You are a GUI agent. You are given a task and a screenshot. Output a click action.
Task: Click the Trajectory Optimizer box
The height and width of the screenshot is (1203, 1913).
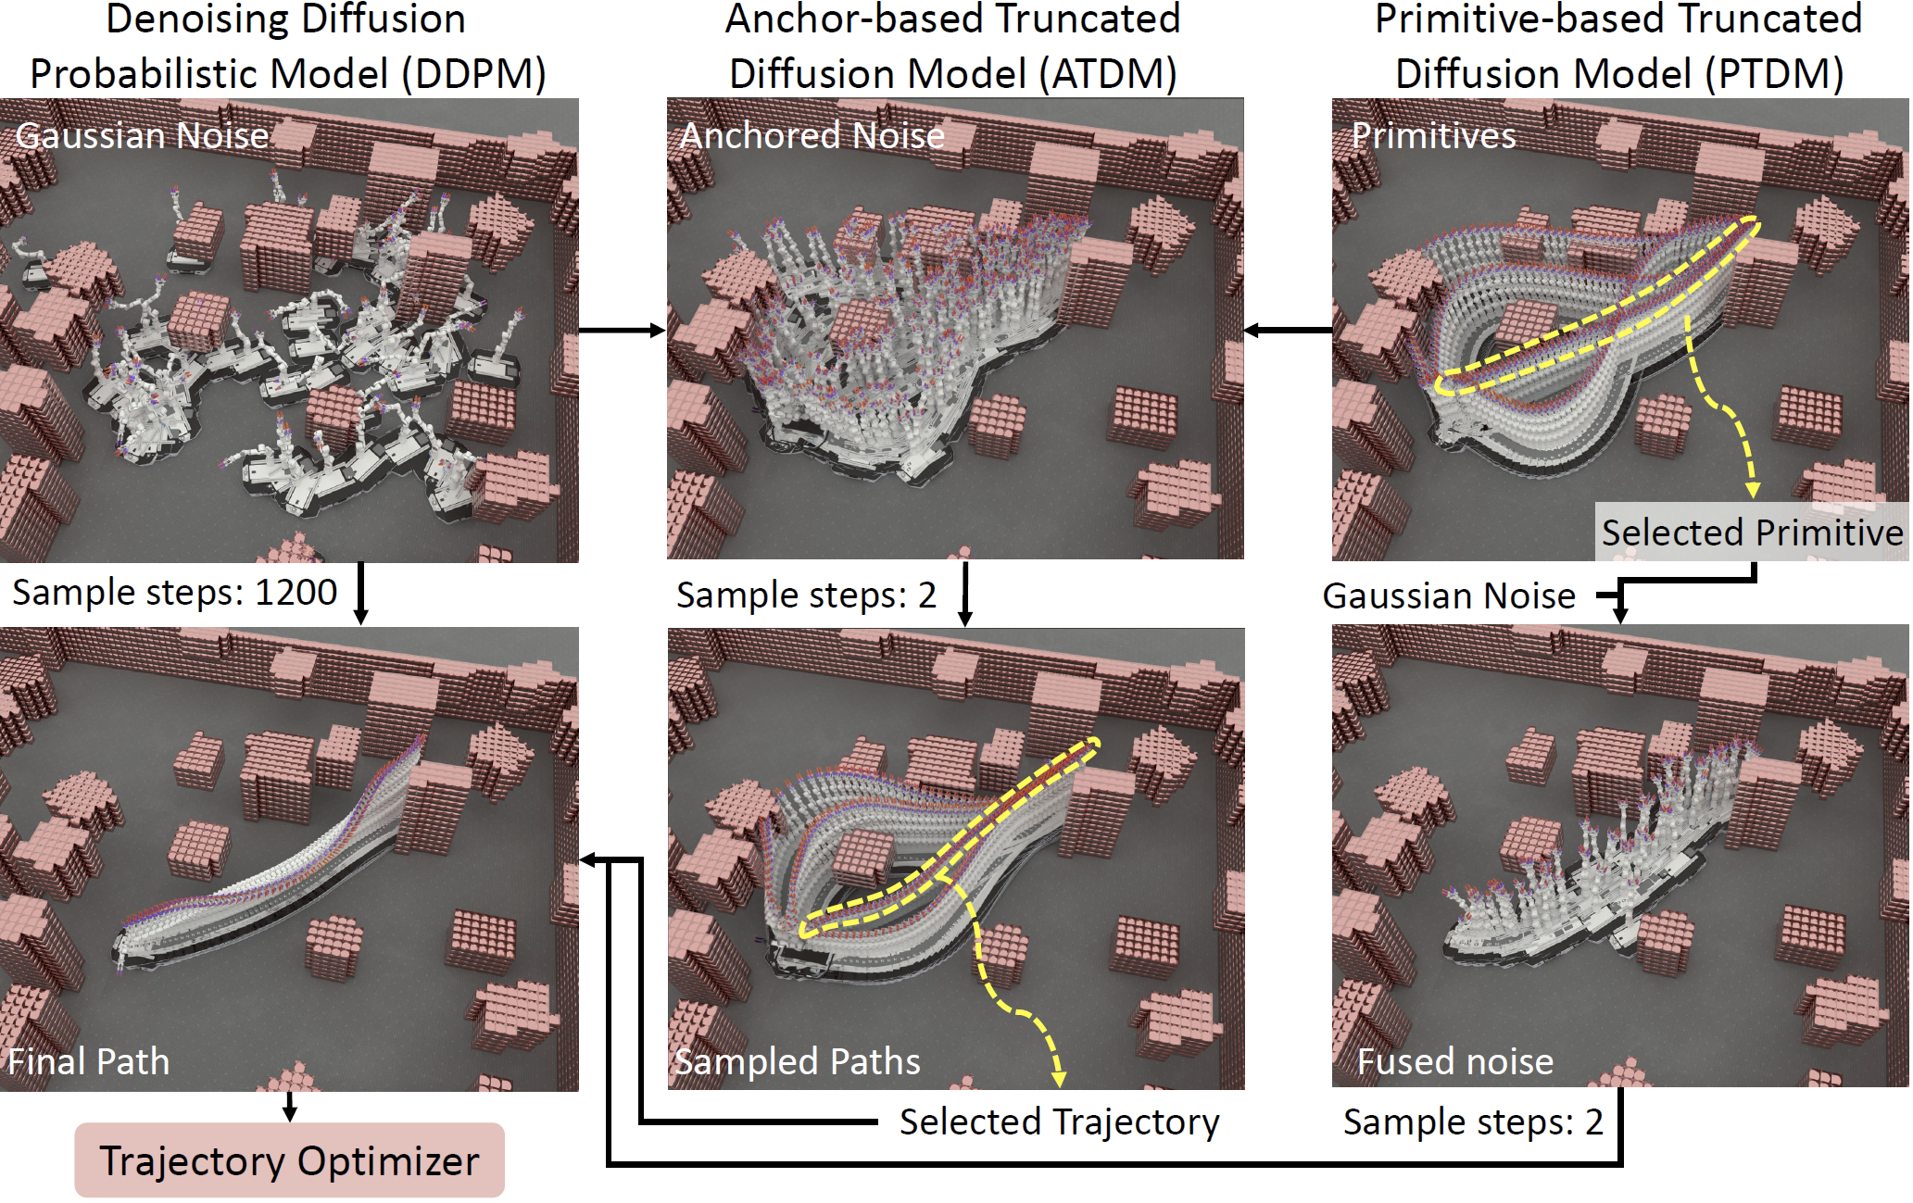click(289, 1160)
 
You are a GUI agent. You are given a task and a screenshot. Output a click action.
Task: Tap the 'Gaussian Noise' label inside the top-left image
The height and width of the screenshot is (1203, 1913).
click(142, 136)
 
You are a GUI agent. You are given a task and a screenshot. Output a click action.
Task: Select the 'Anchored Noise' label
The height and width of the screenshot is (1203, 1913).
click(812, 136)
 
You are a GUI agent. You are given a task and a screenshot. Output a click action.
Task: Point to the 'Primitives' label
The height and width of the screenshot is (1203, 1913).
click(1433, 136)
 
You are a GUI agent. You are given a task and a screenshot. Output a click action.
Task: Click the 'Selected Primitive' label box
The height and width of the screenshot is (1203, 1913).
click(1751, 533)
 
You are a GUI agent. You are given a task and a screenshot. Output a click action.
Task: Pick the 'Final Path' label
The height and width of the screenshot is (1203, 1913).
click(89, 1061)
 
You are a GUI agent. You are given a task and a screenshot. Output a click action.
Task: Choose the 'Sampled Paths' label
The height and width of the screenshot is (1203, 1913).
click(797, 1061)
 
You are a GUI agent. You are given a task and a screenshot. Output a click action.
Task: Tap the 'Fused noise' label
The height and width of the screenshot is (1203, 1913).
click(1454, 1061)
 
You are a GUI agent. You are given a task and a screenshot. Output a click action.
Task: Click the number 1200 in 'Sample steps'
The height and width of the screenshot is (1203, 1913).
click(296, 593)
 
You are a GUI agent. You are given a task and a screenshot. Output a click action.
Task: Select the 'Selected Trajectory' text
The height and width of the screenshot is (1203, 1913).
click(1059, 1122)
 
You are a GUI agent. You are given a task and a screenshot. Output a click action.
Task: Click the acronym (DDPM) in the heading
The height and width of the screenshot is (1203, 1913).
click(473, 74)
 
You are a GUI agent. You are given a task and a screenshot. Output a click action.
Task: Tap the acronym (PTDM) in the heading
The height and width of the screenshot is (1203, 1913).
click(1779, 74)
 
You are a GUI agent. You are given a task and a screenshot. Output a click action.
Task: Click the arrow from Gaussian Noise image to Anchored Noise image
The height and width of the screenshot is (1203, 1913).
click(622, 330)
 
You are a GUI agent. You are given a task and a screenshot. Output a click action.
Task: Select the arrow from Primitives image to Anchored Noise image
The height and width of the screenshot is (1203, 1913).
click(1288, 330)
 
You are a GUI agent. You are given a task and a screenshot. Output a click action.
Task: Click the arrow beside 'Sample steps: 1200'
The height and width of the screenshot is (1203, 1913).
click(361, 594)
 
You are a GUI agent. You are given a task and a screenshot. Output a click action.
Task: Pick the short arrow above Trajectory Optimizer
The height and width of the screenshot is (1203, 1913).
click(290, 1107)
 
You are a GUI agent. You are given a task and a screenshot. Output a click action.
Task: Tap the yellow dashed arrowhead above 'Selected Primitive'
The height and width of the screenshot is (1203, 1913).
click(1753, 489)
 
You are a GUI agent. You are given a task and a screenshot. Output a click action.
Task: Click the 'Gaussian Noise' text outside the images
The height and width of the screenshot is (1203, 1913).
click(1448, 596)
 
